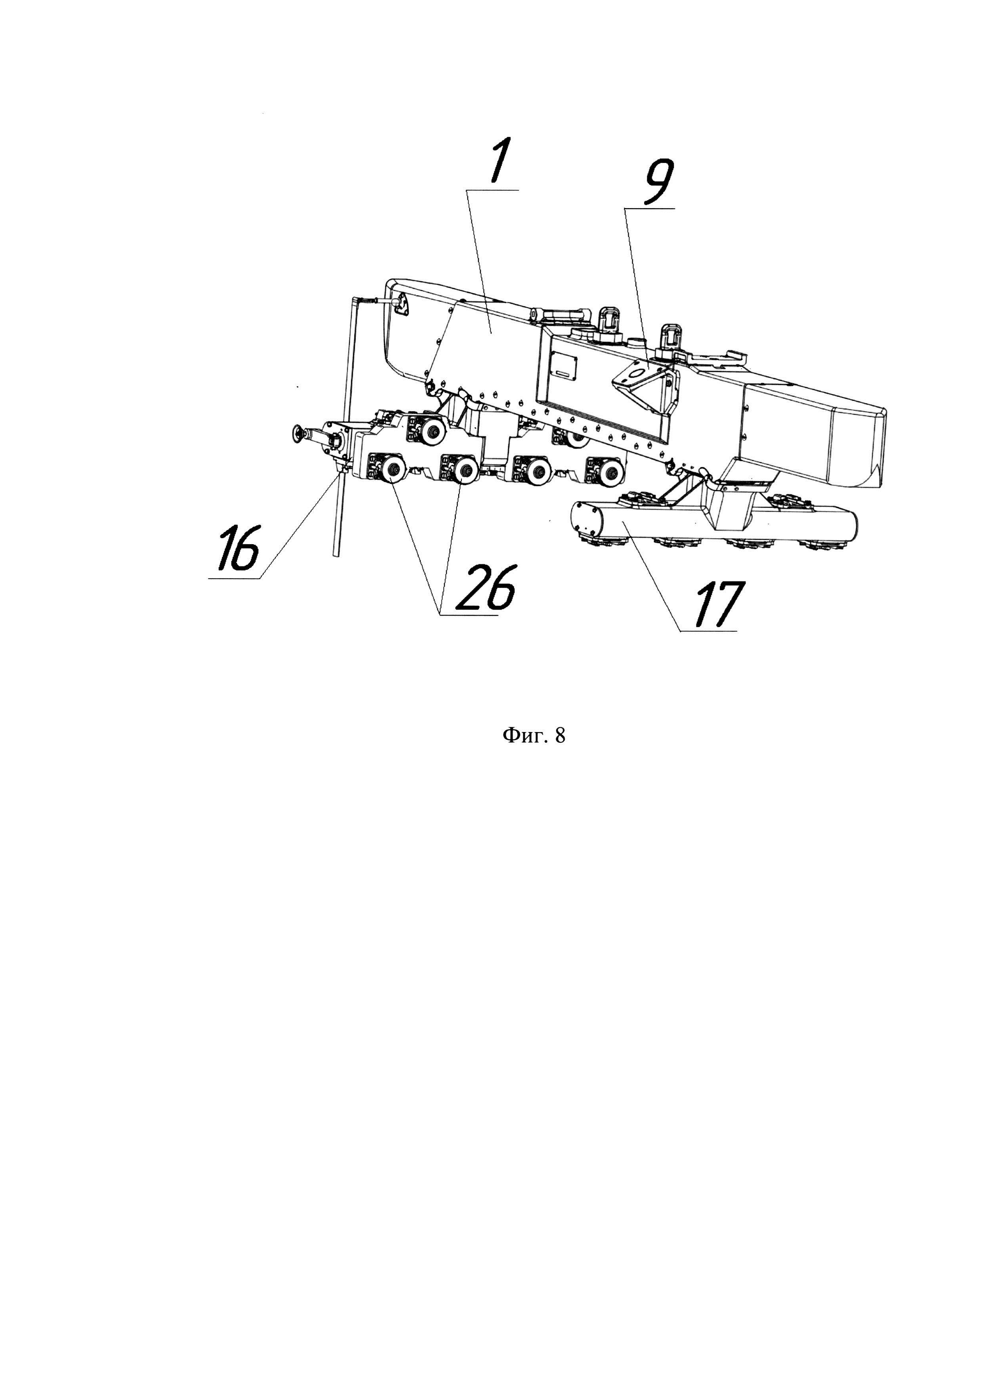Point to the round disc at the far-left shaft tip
(x=298, y=432)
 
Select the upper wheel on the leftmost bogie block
(x=432, y=430)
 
